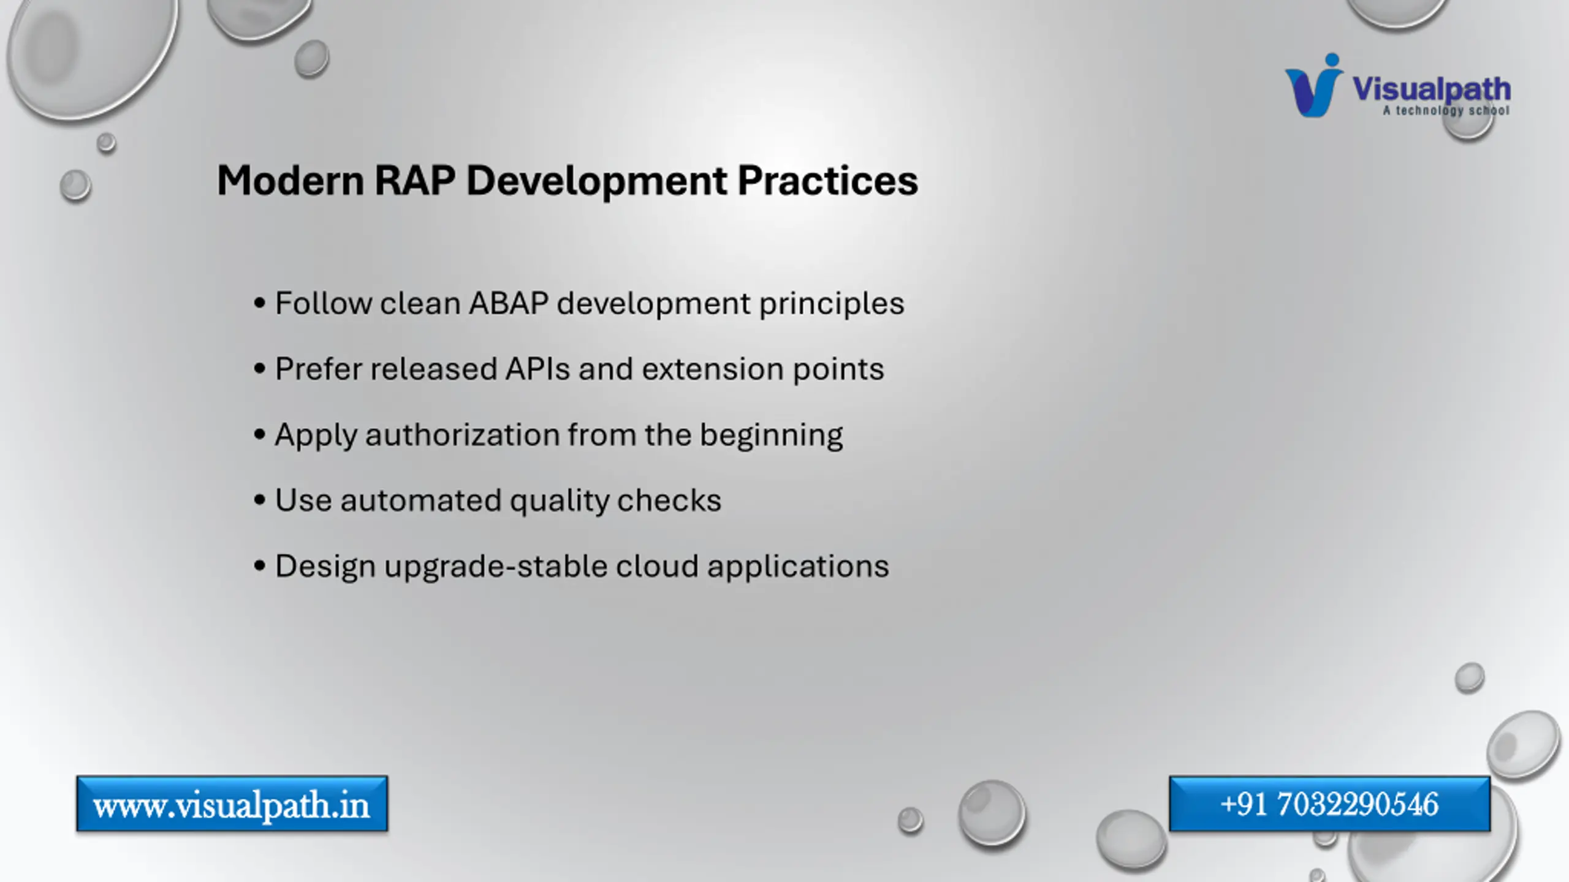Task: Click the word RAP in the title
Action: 415,181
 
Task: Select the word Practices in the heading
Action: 827,181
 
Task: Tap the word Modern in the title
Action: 291,181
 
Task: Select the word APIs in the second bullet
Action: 538,369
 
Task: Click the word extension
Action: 713,369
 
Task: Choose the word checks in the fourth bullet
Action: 669,500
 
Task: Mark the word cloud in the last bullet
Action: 657,566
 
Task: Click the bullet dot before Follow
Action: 260,304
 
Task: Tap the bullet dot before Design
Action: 260,567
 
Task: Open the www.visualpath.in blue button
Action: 232,804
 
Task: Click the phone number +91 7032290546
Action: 1329,804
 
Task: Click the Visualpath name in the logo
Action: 1432,89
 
